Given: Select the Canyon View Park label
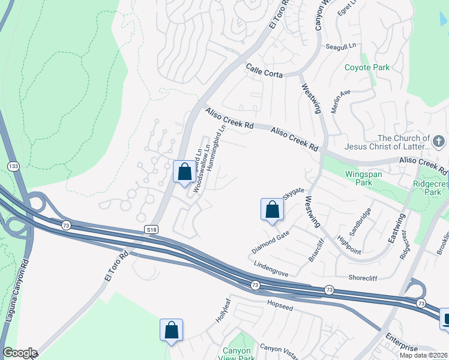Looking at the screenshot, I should click(240, 355).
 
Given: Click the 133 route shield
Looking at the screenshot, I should click(12, 165).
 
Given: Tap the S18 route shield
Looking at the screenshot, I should click(152, 229).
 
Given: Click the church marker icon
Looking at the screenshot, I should click(439, 142).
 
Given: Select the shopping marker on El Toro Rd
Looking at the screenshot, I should click(184, 171).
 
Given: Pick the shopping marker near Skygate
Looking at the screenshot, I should click(272, 209).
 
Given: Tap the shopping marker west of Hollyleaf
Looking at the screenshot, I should click(171, 330).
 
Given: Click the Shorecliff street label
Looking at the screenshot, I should click(366, 278).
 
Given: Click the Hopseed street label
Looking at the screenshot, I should click(280, 304).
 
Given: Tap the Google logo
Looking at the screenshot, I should click(19, 353).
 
